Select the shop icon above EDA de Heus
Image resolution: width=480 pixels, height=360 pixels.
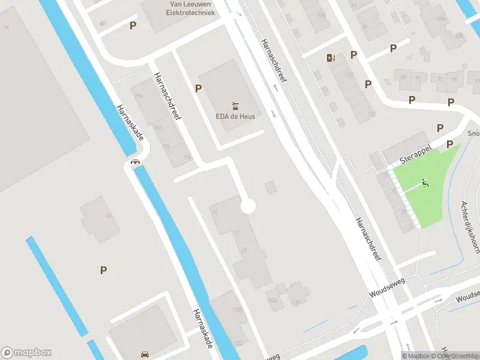(x=235, y=104)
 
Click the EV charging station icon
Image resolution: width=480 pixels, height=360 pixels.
(x=329, y=58)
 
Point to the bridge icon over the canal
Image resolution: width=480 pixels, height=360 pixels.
(x=136, y=161)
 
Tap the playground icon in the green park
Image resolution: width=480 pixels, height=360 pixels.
(x=425, y=183)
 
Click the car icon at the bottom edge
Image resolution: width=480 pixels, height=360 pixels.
(x=145, y=354)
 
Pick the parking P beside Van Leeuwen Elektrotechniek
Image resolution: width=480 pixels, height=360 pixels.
(x=133, y=25)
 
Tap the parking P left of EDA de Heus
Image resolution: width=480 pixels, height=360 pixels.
(x=198, y=88)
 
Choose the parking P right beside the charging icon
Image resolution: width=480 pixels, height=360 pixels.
(x=353, y=55)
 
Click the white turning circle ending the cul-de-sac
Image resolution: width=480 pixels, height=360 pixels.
(x=248, y=206)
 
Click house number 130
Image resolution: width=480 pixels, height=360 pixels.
(x=295, y=302)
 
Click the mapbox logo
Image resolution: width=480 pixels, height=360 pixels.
(x=26, y=353)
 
